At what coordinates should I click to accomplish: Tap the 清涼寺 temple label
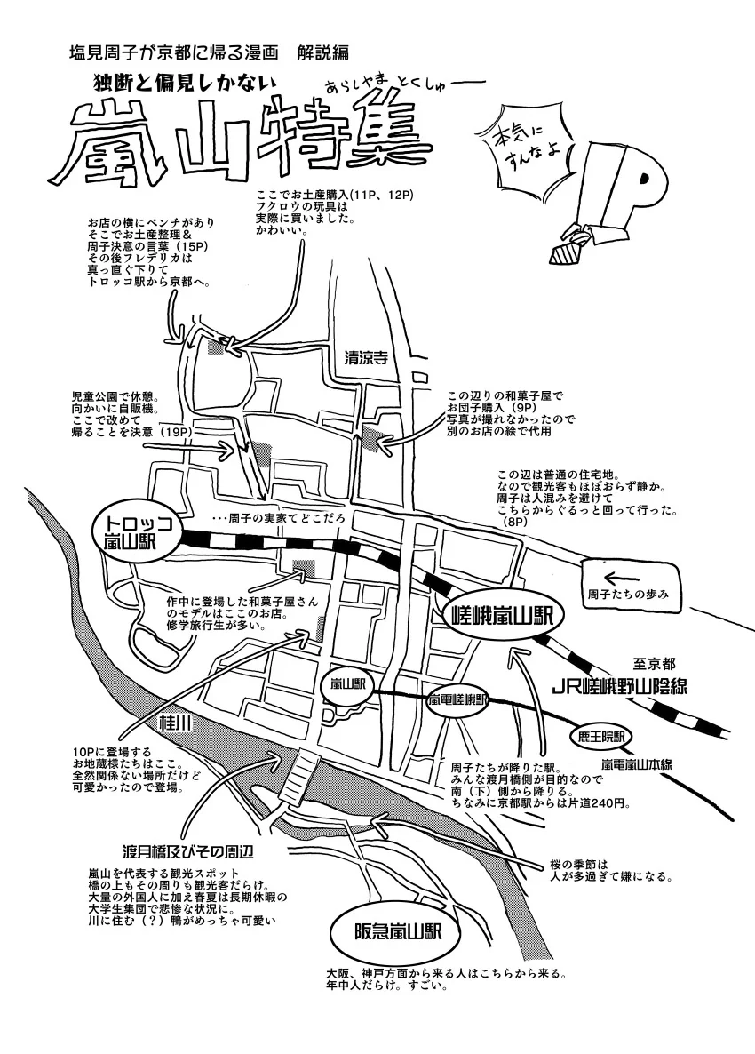[x=366, y=357]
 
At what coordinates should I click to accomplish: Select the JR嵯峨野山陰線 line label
[x=618, y=686]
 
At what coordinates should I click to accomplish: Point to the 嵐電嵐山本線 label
[x=636, y=764]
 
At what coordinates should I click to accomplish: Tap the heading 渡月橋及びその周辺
[x=187, y=851]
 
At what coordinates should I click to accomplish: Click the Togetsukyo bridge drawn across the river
[x=302, y=773]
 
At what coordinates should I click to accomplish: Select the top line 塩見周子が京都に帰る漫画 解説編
[x=209, y=52]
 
